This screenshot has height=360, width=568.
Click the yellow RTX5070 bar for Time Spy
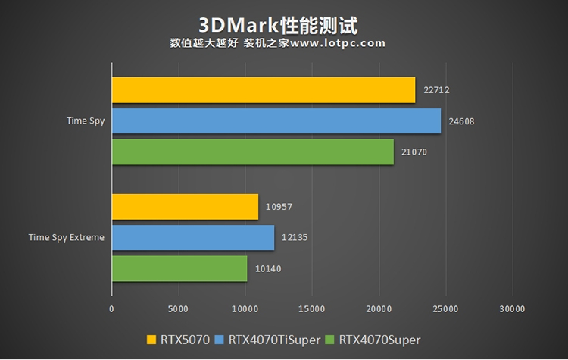[x=263, y=89]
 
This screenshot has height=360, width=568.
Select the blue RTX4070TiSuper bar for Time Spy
[x=276, y=121]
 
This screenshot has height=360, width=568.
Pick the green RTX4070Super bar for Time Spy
[x=252, y=152]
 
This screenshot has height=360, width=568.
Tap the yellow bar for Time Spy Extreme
[x=185, y=206]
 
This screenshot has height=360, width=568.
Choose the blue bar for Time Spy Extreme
[x=192, y=237]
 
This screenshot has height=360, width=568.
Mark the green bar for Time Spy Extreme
[x=179, y=268]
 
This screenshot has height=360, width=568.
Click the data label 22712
[x=438, y=89]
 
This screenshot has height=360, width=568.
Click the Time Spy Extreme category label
[x=67, y=237]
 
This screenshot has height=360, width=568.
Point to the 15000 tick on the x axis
[x=312, y=309]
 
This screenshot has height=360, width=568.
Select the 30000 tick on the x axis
[x=512, y=309]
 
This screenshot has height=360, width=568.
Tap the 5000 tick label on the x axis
[x=178, y=309]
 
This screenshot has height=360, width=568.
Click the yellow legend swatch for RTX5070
[x=151, y=340]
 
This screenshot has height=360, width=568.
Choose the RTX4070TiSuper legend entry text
[x=271, y=340]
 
